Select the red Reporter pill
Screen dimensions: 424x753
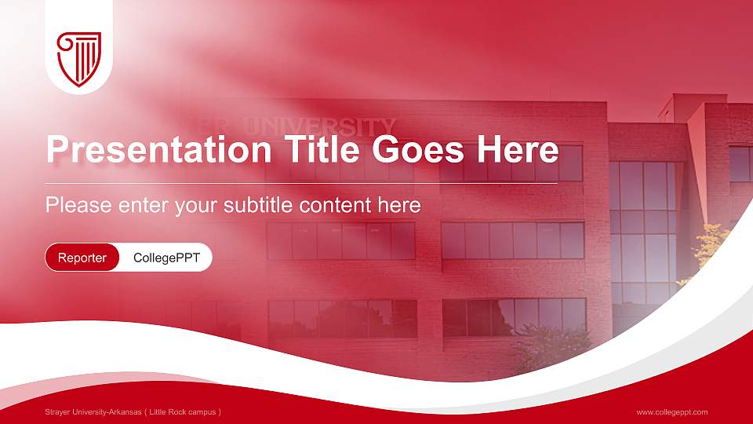82,258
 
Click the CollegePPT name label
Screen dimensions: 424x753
166,258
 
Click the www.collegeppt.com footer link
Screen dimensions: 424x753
672,412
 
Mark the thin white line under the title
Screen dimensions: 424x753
302,183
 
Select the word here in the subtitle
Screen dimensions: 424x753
402,206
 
